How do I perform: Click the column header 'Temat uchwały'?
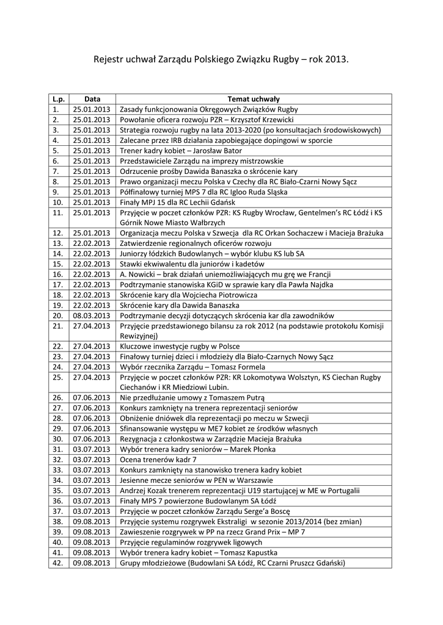tap(254, 99)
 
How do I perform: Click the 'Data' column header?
tap(92, 99)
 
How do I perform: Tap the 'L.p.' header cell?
tap(59, 99)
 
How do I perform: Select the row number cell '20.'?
tap(59, 316)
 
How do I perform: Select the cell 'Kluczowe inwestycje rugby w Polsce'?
tap(180, 346)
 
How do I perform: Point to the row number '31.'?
tap(59, 449)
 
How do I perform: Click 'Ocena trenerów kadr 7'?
tap(158, 460)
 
